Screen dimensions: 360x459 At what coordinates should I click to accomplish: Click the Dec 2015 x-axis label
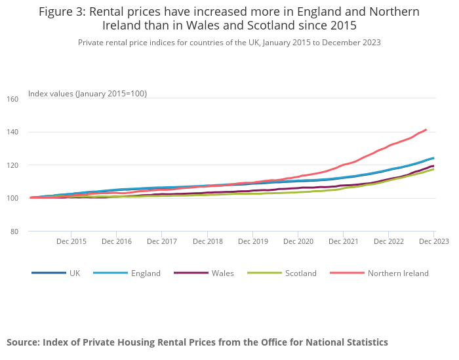pyautogui.click(x=71, y=241)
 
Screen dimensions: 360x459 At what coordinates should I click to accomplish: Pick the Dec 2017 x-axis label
pyautogui.click(x=162, y=241)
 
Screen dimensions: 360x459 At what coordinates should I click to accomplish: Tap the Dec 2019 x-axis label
pyautogui.click(x=253, y=241)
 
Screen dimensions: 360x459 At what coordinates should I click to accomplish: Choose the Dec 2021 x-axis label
pyautogui.click(x=344, y=241)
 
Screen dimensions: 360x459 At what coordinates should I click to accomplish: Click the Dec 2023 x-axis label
pyautogui.click(x=434, y=241)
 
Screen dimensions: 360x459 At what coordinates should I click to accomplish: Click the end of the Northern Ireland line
pyautogui.click(x=426, y=129)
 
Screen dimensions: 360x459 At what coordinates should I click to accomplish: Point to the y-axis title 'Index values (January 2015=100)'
pyautogui.click(x=87, y=94)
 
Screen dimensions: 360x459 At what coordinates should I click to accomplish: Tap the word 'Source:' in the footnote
pyautogui.click(x=25, y=342)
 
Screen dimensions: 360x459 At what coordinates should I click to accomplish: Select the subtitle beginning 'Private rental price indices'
pyautogui.click(x=229, y=43)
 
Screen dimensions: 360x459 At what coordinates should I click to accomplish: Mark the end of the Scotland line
pyautogui.click(x=433, y=169)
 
